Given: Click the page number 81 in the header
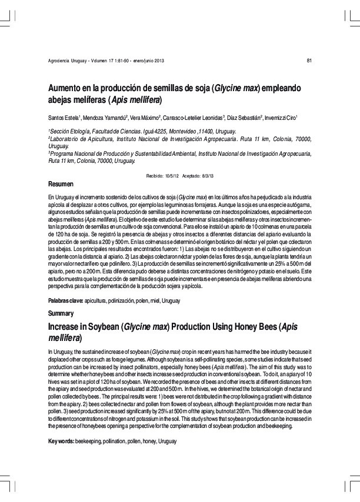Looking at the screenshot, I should [x=309, y=62].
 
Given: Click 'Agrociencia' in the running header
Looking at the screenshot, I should [x=60, y=62].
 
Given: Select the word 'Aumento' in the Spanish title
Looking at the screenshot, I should [x=66, y=88].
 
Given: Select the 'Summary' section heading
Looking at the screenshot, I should [x=61, y=313].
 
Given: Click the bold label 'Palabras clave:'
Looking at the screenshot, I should [x=65, y=300].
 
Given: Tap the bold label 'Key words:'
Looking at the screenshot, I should [x=61, y=441].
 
